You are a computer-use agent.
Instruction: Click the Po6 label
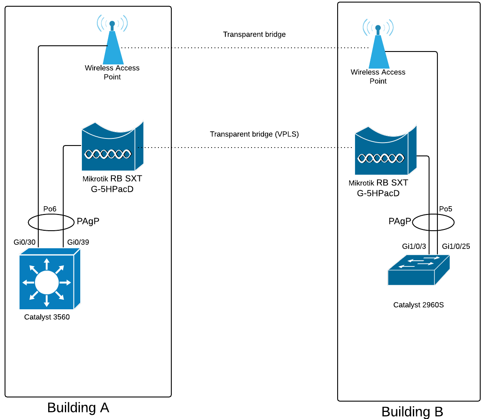pos(50,209)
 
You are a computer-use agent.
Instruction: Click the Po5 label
pos(446,209)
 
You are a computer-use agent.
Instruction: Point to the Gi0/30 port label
pos(25,242)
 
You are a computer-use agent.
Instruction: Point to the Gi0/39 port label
pos(78,242)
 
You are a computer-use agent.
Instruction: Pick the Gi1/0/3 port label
pos(414,246)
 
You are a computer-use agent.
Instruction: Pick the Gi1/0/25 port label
pos(456,246)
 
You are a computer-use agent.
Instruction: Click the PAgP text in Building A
pos(88,221)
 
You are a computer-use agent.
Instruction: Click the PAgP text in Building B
pos(400,221)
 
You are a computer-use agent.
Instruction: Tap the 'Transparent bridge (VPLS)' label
pos(254,134)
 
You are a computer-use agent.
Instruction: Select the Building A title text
pos(78,407)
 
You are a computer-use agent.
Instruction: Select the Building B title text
pos(412,412)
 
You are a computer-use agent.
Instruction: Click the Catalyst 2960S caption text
pos(418,305)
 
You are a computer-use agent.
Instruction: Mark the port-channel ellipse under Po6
pos(29,222)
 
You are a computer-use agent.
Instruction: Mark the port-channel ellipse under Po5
pos(453,222)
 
